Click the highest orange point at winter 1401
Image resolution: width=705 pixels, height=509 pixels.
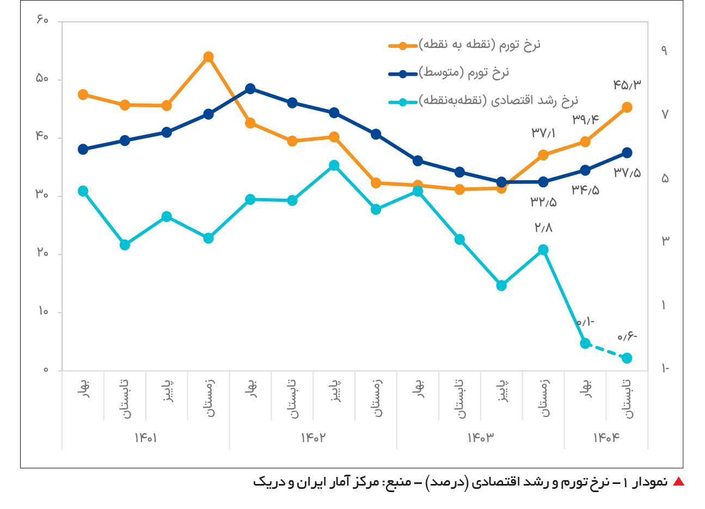209,57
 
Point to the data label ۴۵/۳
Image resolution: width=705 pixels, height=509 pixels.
627,85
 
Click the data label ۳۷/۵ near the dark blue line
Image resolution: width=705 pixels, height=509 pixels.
627,173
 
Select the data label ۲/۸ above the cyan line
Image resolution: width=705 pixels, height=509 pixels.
543,228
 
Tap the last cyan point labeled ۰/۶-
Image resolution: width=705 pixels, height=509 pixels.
627,358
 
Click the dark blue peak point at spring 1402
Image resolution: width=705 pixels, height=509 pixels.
250,89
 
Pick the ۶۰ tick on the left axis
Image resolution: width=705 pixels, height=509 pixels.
43,21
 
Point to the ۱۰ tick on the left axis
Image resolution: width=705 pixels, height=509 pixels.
43,312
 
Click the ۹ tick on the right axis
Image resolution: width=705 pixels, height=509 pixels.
664,51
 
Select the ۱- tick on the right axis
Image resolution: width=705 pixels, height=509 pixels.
665,369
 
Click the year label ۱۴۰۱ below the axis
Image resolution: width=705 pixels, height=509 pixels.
146,438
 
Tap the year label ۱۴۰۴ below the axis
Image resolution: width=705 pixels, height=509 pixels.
606,438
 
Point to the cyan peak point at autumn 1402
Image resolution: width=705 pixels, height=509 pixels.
334,165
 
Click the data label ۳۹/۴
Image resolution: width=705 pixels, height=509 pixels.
585,120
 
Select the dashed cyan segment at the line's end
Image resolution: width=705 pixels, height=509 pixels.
606,351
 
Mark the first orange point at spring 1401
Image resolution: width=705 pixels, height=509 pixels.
83,95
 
